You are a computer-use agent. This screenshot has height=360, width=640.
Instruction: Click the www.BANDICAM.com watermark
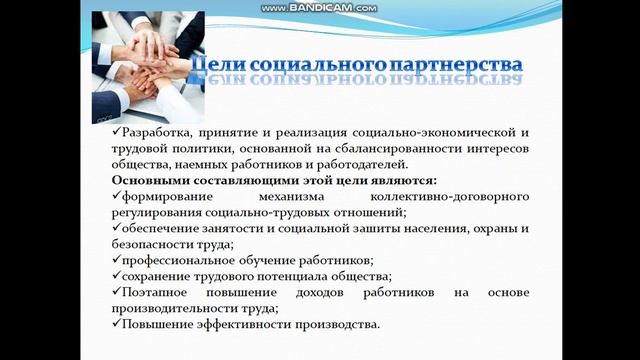319,7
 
